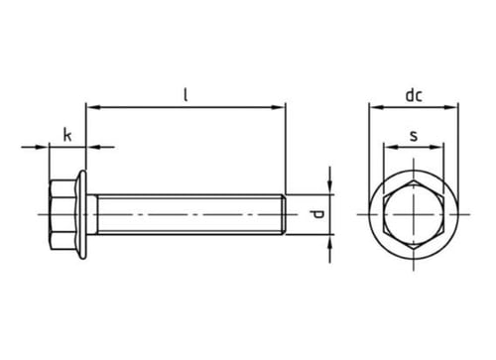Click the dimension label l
pos(186,95)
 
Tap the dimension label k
pos(67,135)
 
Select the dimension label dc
pos(414,95)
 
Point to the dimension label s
pos(414,136)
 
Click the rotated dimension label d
pos(317,214)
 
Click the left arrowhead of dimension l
pos(92,107)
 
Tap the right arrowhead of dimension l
pos(278,107)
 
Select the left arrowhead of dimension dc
pos(376,107)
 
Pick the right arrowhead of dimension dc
pos(451,107)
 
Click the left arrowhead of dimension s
pos(390,147)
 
